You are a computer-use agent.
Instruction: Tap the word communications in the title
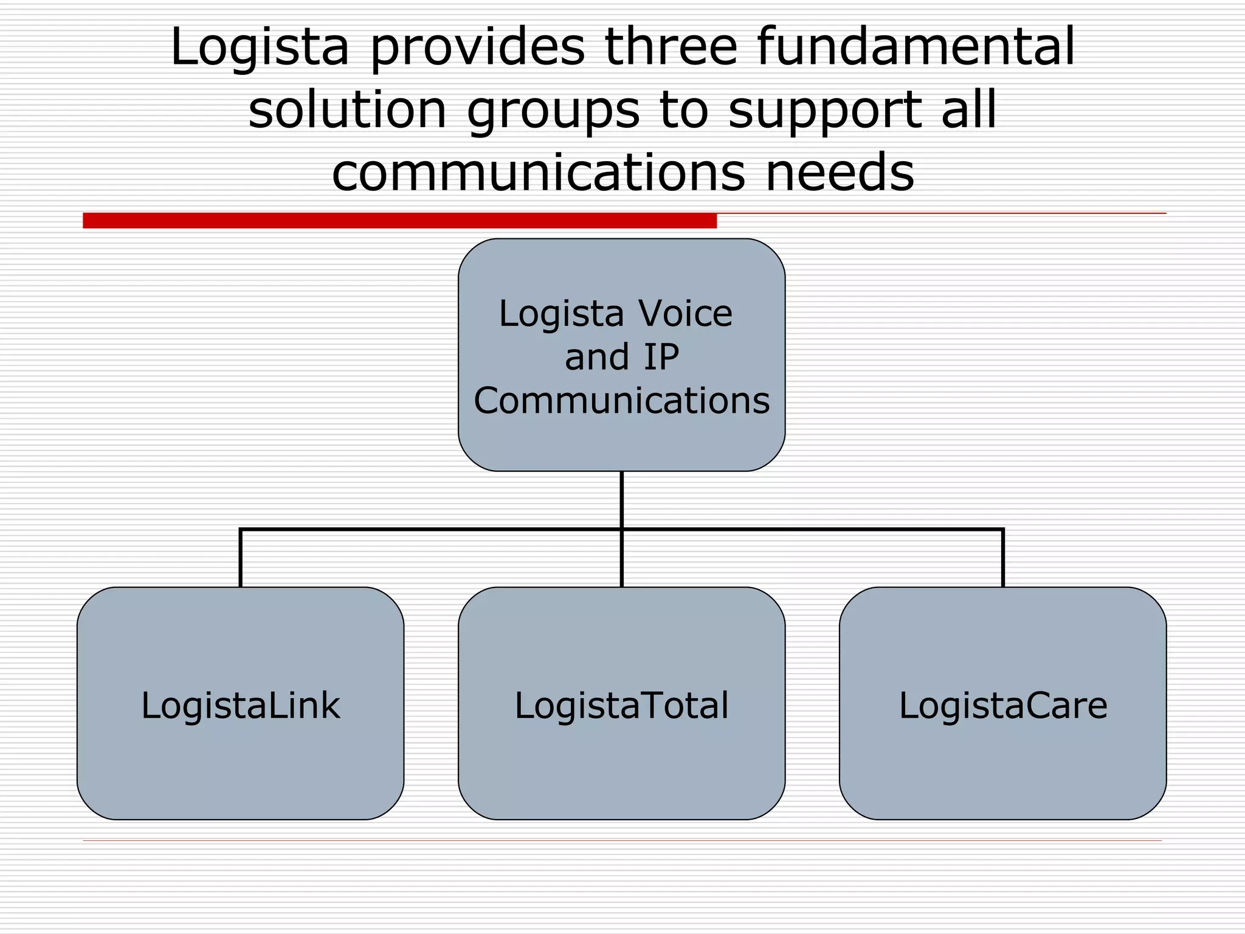pos(539,173)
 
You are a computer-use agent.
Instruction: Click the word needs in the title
pos(840,173)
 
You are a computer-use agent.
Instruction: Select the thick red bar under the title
pos(399,220)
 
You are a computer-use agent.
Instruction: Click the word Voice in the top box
pos(685,314)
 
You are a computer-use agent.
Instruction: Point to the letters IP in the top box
pos(661,357)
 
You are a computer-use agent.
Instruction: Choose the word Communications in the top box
pos(622,401)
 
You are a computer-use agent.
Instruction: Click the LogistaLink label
pos(241,705)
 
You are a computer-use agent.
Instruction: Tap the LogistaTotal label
pos(622,705)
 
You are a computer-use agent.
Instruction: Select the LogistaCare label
pos(1003,705)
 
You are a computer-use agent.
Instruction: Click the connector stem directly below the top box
pos(622,500)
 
